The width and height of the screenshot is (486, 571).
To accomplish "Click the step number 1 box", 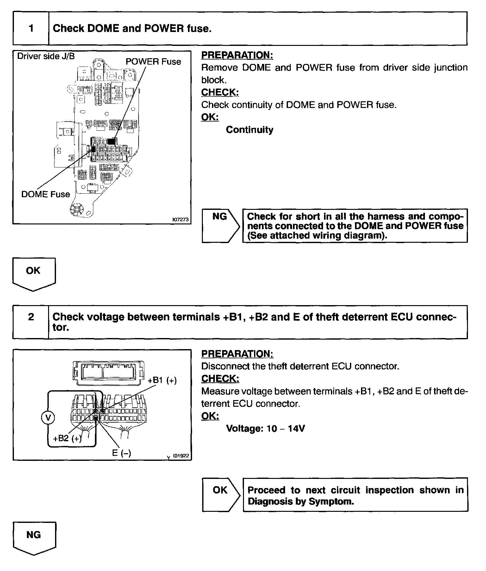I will (x=31, y=28).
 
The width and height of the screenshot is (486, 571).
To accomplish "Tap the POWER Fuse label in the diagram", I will (x=153, y=61).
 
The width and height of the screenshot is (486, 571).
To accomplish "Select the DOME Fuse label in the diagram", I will (x=46, y=194).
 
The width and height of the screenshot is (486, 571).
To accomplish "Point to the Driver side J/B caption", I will (x=46, y=56).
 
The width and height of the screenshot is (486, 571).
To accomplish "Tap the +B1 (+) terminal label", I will (x=162, y=380).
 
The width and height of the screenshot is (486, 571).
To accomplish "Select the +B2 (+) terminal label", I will (x=67, y=438).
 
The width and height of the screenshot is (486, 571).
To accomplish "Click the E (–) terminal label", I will (x=121, y=453).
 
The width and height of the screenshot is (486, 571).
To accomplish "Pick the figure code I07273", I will (x=180, y=219).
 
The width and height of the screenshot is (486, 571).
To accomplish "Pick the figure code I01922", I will (x=181, y=456).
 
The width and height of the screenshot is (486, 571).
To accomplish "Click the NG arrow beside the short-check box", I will (x=221, y=225).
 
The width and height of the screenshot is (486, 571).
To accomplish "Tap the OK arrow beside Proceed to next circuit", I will (x=221, y=494).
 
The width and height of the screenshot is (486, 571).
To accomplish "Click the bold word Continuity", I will (x=249, y=130).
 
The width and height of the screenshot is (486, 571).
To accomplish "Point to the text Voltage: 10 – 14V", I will (x=265, y=429).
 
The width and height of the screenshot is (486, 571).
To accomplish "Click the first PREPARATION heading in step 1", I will (x=237, y=55).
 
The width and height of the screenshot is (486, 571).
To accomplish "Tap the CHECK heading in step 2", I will (x=220, y=379).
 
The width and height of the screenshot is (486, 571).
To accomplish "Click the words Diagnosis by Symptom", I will (x=301, y=501).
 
